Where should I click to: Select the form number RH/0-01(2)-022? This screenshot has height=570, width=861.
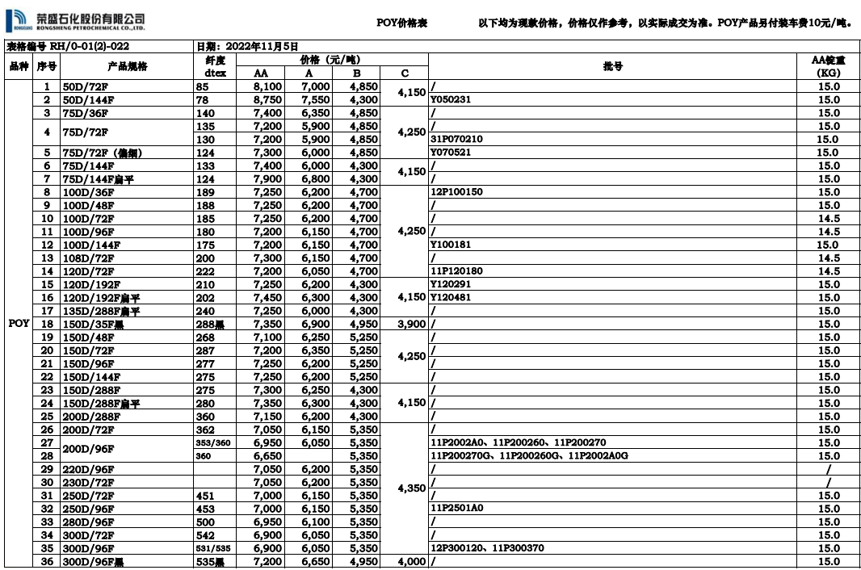[69, 47]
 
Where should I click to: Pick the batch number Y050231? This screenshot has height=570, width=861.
[451, 100]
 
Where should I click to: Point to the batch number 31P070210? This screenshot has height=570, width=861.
[456, 139]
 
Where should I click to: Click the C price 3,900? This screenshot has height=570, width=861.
[411, 324]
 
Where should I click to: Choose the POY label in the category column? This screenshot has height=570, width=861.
[19, 324]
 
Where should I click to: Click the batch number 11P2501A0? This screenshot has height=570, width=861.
[457, 509]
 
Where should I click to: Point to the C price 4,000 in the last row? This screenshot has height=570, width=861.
[411, 562]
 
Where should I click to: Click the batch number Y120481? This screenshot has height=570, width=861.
[451, 297]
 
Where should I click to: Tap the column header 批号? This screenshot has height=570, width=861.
[613, 66]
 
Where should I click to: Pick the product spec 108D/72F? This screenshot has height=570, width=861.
[88, 258]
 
